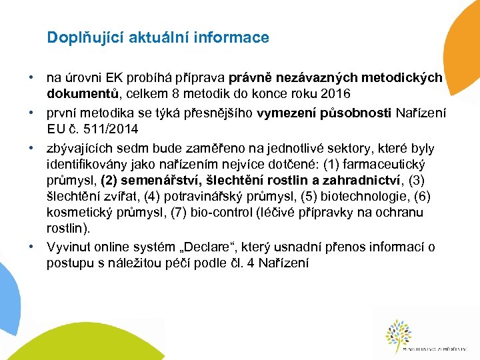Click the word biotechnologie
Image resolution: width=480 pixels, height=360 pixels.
375,196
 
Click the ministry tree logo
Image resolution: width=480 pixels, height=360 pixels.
399,333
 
